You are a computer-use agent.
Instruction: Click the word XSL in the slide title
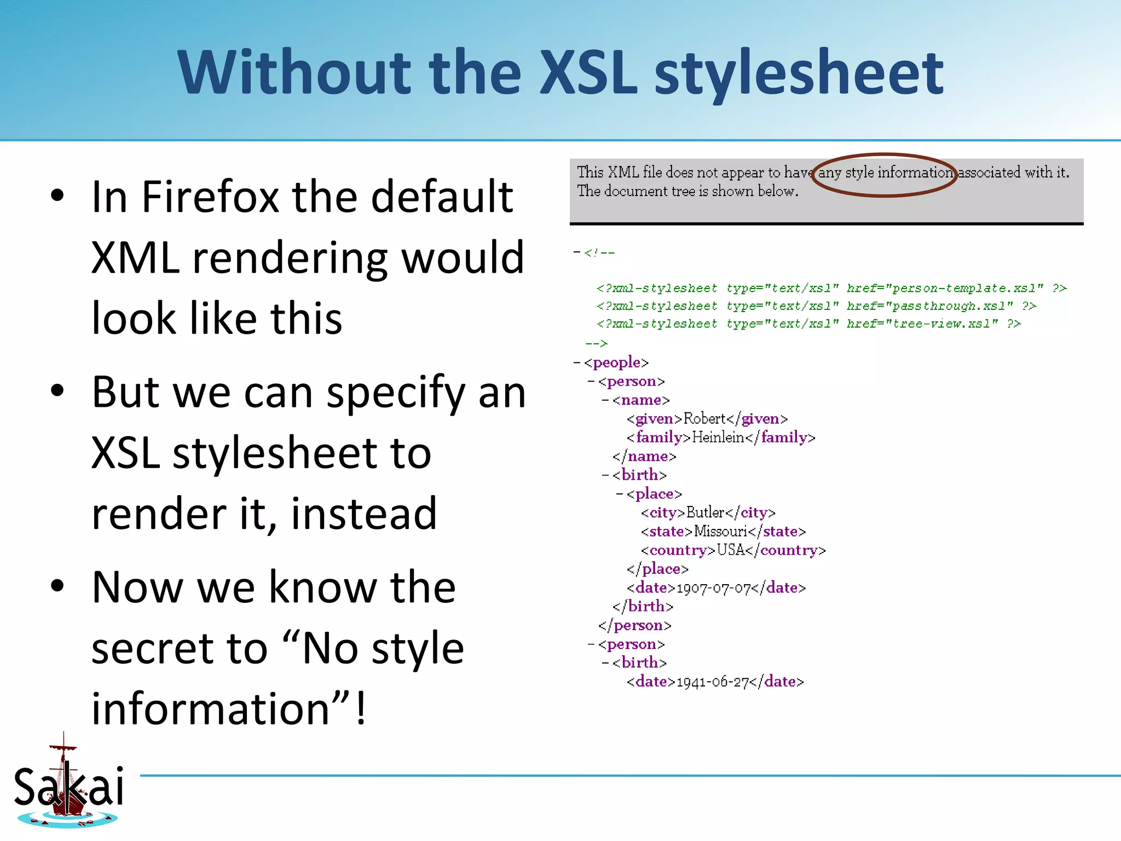(588, 73)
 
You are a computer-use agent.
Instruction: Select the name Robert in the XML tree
(704, 419)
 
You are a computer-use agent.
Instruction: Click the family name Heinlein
(718, 437)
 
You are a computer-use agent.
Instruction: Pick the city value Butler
(705, 512)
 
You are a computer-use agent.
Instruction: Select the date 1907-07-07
(714, 588)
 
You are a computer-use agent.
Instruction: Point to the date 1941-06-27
(713, 682)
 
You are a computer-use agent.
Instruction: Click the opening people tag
(616, 362)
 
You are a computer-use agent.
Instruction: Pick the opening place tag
(654, 494)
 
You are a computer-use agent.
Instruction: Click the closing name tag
(644, 456)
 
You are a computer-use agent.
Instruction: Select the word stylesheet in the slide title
(799, 73)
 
